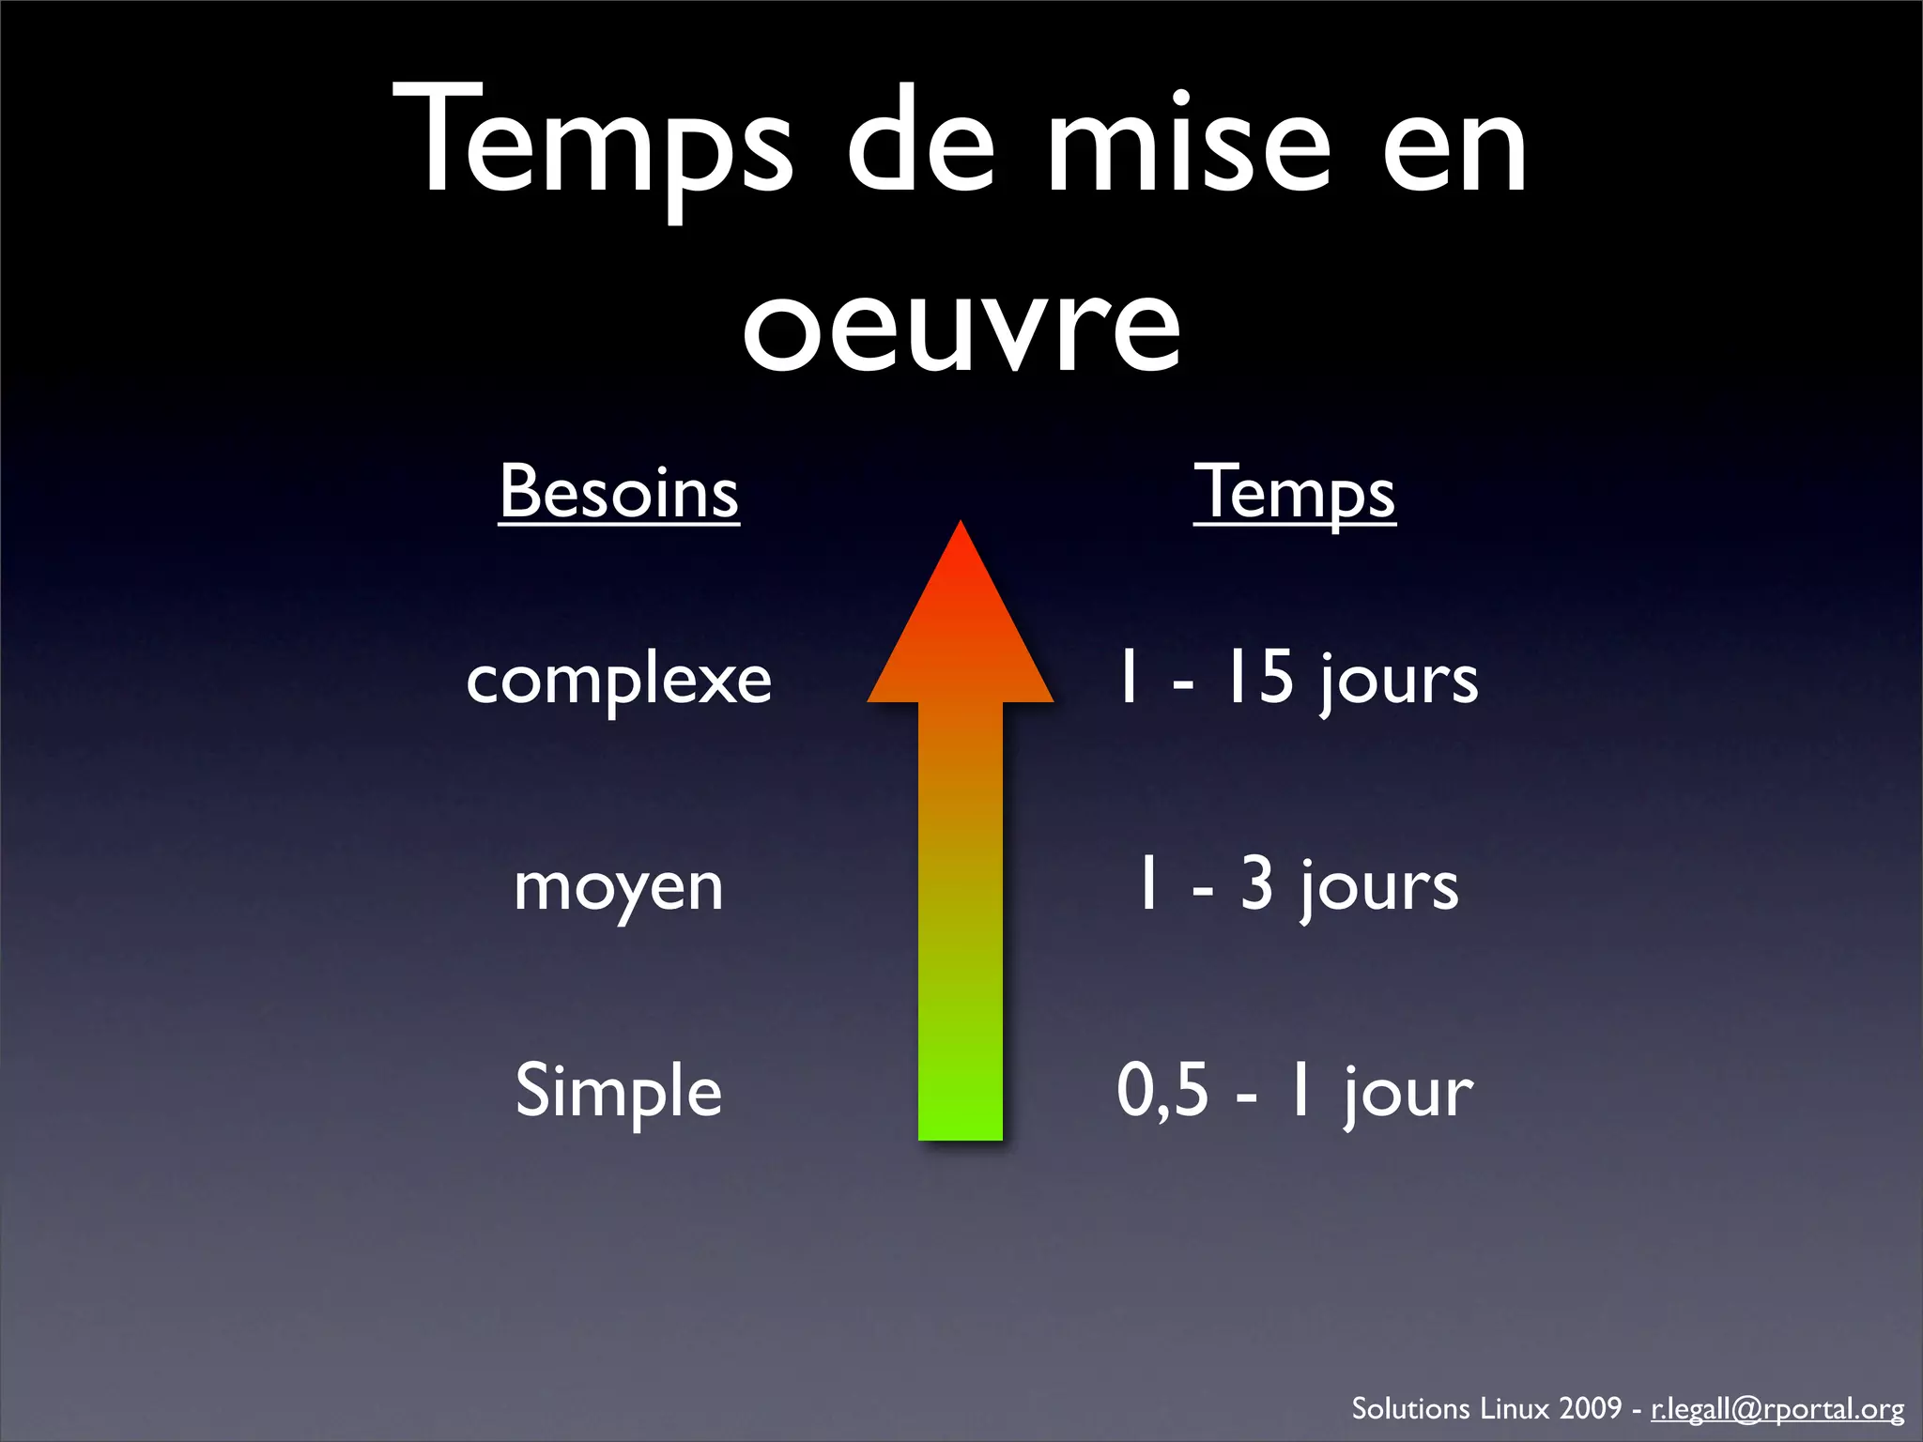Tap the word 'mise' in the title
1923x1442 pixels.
[1189, 141]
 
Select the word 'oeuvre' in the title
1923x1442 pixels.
[961, 324]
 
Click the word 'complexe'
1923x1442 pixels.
[619, 680]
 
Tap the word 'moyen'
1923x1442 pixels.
[619, 887]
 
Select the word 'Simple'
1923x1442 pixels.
[619, 1091]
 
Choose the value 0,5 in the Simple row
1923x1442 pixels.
[1162, 1091]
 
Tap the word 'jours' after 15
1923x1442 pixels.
[1399, 680]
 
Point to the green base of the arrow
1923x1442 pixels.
[961, 1108]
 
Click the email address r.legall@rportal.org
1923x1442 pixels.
[1777, 1409]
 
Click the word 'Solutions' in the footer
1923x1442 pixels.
[1410, 1408]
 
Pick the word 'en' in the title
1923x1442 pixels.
[1454, 141]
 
